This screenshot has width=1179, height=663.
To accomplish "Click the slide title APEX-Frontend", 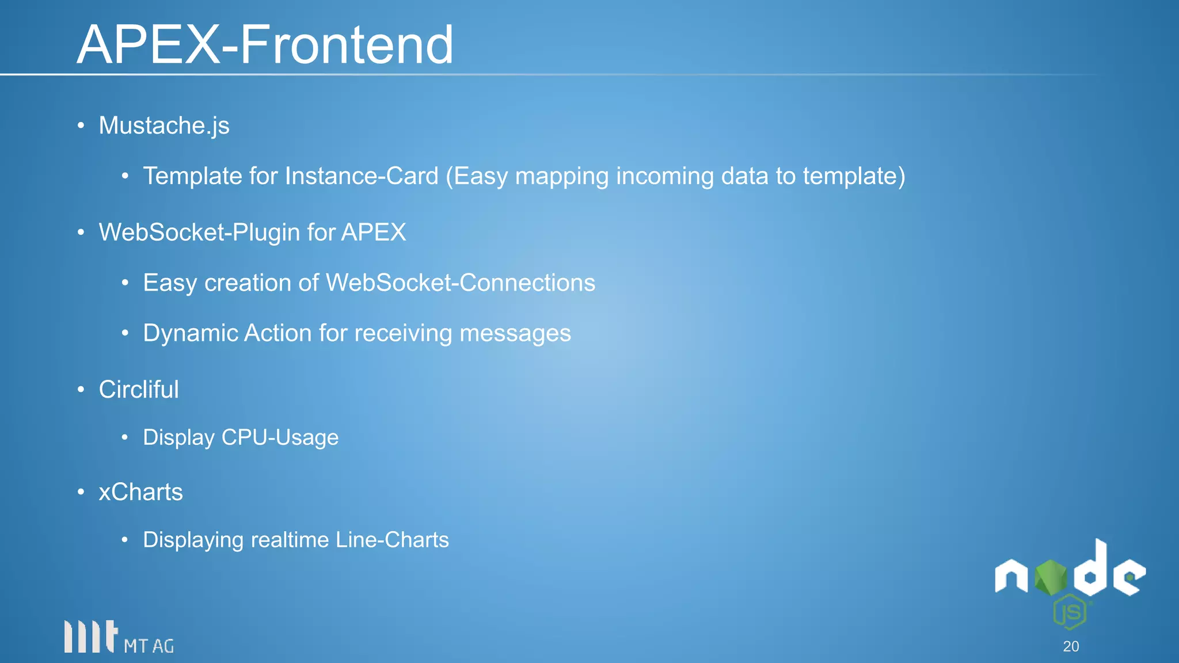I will coord(265,44).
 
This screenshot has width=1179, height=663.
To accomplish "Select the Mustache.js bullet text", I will coord(164,126).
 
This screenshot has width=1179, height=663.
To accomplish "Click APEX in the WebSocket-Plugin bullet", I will coord(374,233).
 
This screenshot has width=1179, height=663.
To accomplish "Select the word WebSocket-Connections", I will coord(461,283).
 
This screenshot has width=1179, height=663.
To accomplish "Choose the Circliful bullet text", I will coord(139,390).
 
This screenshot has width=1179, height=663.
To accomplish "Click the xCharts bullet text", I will coord(141,492).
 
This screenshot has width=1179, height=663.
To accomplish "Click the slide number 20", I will coord(1071,646).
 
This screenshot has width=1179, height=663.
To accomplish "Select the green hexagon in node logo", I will coord(1051,577).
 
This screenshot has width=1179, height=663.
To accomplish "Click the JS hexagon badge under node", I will coord(1070,612).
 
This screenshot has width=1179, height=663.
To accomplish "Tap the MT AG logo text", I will coord(149,646).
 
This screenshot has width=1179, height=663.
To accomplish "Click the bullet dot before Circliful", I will coord(81,390).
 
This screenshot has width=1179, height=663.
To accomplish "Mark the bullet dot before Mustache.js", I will coord(81,126).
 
